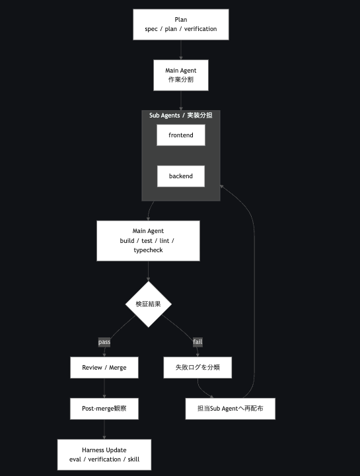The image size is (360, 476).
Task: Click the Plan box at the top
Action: pyautogui.click(x=181, y=24)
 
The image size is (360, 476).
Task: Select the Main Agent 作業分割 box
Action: pyautogui.click(x=181, y=75)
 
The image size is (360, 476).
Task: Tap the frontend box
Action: pyautogui.click(x=181, y=135)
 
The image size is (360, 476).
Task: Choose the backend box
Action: pyautogui.click(x=181, y=176)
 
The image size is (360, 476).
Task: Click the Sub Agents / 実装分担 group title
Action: pyautogui.click(x=181, y=116)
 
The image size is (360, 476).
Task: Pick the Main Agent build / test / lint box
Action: pyautogui.click(x=148, y=241)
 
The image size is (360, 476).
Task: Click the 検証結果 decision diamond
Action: pyautogui.click(x=148, y=304)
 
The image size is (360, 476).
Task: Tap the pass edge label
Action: pyautogui.click(x=104, y=342)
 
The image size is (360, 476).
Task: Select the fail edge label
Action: pyautogui.click(x=198, y=342)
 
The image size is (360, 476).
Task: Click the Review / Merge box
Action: pyautogui.click(x=104, y=368)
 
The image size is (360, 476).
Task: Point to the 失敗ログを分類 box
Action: pyautogui.click(x=198, y=368)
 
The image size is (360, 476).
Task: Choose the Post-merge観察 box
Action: pyautogui.click(x=104, y=409)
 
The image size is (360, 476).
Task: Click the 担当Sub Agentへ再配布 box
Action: pyautogui.click(x=231, y=409)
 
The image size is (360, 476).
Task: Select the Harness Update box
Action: pyautogui.click(x=104, y=454)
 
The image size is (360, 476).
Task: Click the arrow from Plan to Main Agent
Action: pyautogui.click(x=181, y=50)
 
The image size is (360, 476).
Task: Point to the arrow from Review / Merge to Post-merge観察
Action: pyautogui.click(x=104, y=388)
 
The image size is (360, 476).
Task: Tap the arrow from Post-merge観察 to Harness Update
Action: pyautogui.click(x=104, y=430)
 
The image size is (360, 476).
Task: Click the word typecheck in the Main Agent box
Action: pyautogui.click(x=148, y=250)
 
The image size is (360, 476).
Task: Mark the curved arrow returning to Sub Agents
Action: pyautogui.click(x=254, y=291)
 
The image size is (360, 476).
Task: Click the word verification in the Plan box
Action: pyautogui.click(x=201, y=29)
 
